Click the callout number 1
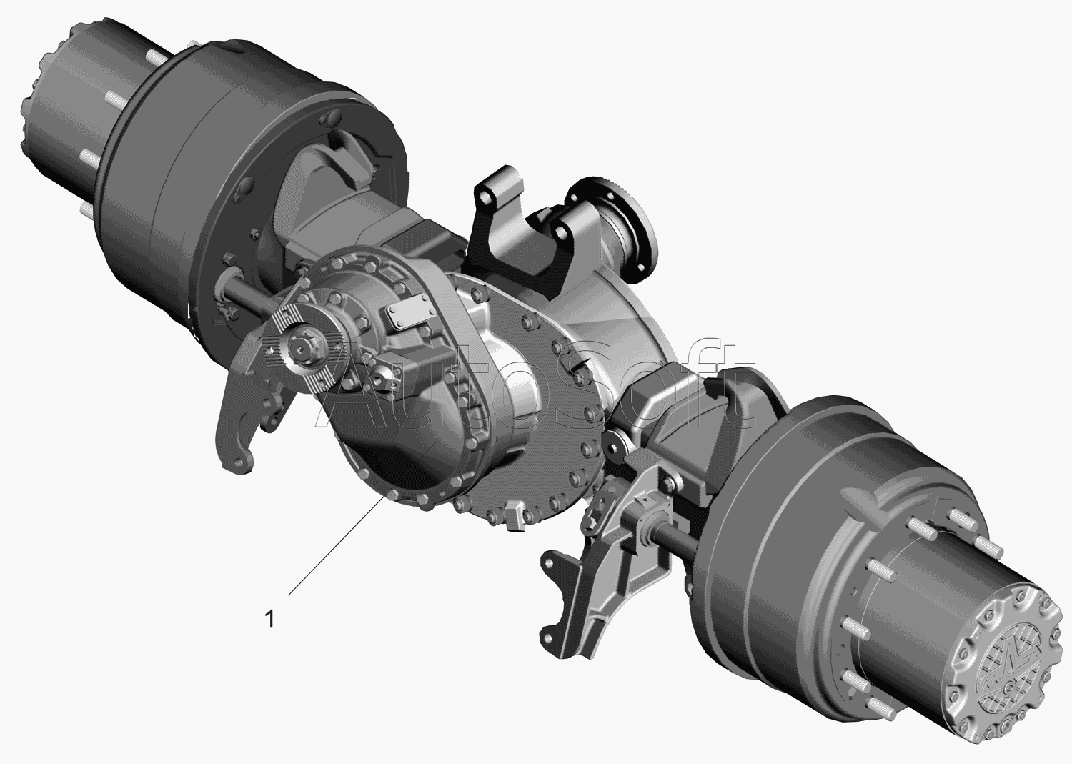pos(270,619)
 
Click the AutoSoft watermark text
pos(534,383)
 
